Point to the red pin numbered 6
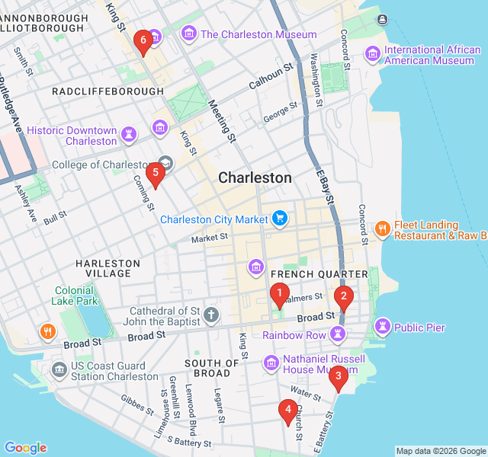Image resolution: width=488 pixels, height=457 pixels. click(142, 41)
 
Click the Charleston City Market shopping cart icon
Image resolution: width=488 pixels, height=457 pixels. click(281, 219)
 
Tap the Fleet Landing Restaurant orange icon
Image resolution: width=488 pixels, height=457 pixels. click(383, 228)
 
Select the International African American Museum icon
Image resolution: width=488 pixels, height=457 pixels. click(373, 53)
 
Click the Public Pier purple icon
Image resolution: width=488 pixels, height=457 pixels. click(381, 328)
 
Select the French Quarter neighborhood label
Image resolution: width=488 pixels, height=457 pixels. click(319, 273)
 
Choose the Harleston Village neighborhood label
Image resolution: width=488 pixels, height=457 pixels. click(108, 268)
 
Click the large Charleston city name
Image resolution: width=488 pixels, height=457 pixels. click(255, 177)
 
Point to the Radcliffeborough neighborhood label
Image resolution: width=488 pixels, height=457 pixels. click(108, 91)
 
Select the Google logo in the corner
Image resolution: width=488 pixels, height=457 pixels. click(25, 448)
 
